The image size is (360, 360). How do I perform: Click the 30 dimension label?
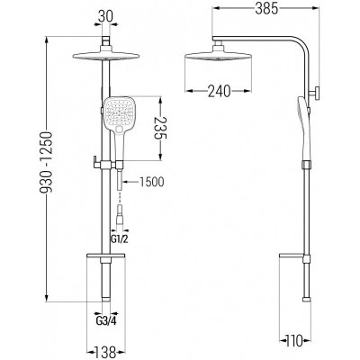(106, 17)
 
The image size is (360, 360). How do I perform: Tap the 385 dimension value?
(266, 9)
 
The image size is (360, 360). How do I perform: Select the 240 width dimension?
(220, 91)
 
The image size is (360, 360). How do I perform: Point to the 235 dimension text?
(160, 128)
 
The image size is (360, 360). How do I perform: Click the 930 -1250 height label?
(48, 162)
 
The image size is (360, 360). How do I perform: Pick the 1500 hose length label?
(151, 182)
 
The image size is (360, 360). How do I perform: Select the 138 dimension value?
(105, 352)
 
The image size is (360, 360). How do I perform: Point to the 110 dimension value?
(294, 340)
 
